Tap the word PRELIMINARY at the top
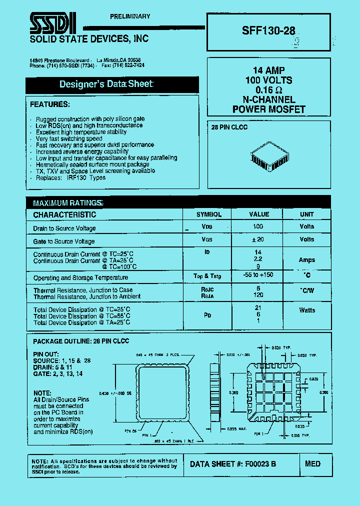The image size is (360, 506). (130, 16)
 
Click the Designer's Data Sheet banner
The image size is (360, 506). (106, 84)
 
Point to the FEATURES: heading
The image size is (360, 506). (50, 104)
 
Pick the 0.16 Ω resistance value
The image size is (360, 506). (268, 90)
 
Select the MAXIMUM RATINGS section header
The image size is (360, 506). (67, 203)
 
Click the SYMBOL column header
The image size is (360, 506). (209, 214)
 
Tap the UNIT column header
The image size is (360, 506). (306, 214)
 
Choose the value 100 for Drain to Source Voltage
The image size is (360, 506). (258, 226)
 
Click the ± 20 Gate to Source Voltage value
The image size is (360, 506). (258, 239)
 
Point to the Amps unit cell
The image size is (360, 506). (306, 260)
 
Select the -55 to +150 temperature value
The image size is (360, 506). (258, 275)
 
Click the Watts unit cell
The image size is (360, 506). (307, 310)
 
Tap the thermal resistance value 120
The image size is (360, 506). (258, 295)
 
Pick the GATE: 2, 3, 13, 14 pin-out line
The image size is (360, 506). (57, 373)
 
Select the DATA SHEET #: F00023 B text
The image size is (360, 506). (233, 464)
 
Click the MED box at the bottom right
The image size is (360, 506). (312, 464)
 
